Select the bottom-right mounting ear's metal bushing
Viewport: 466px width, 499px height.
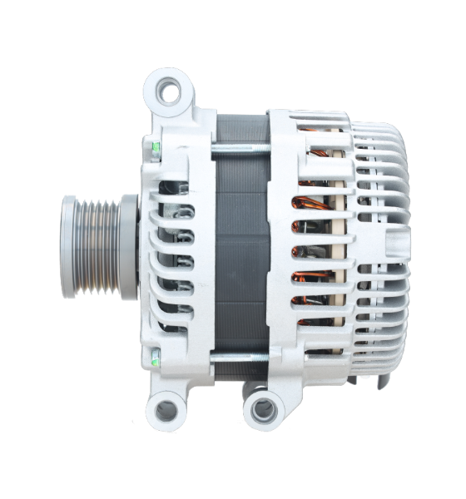[263, 408]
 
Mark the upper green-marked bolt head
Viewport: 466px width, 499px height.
[156, 151]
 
